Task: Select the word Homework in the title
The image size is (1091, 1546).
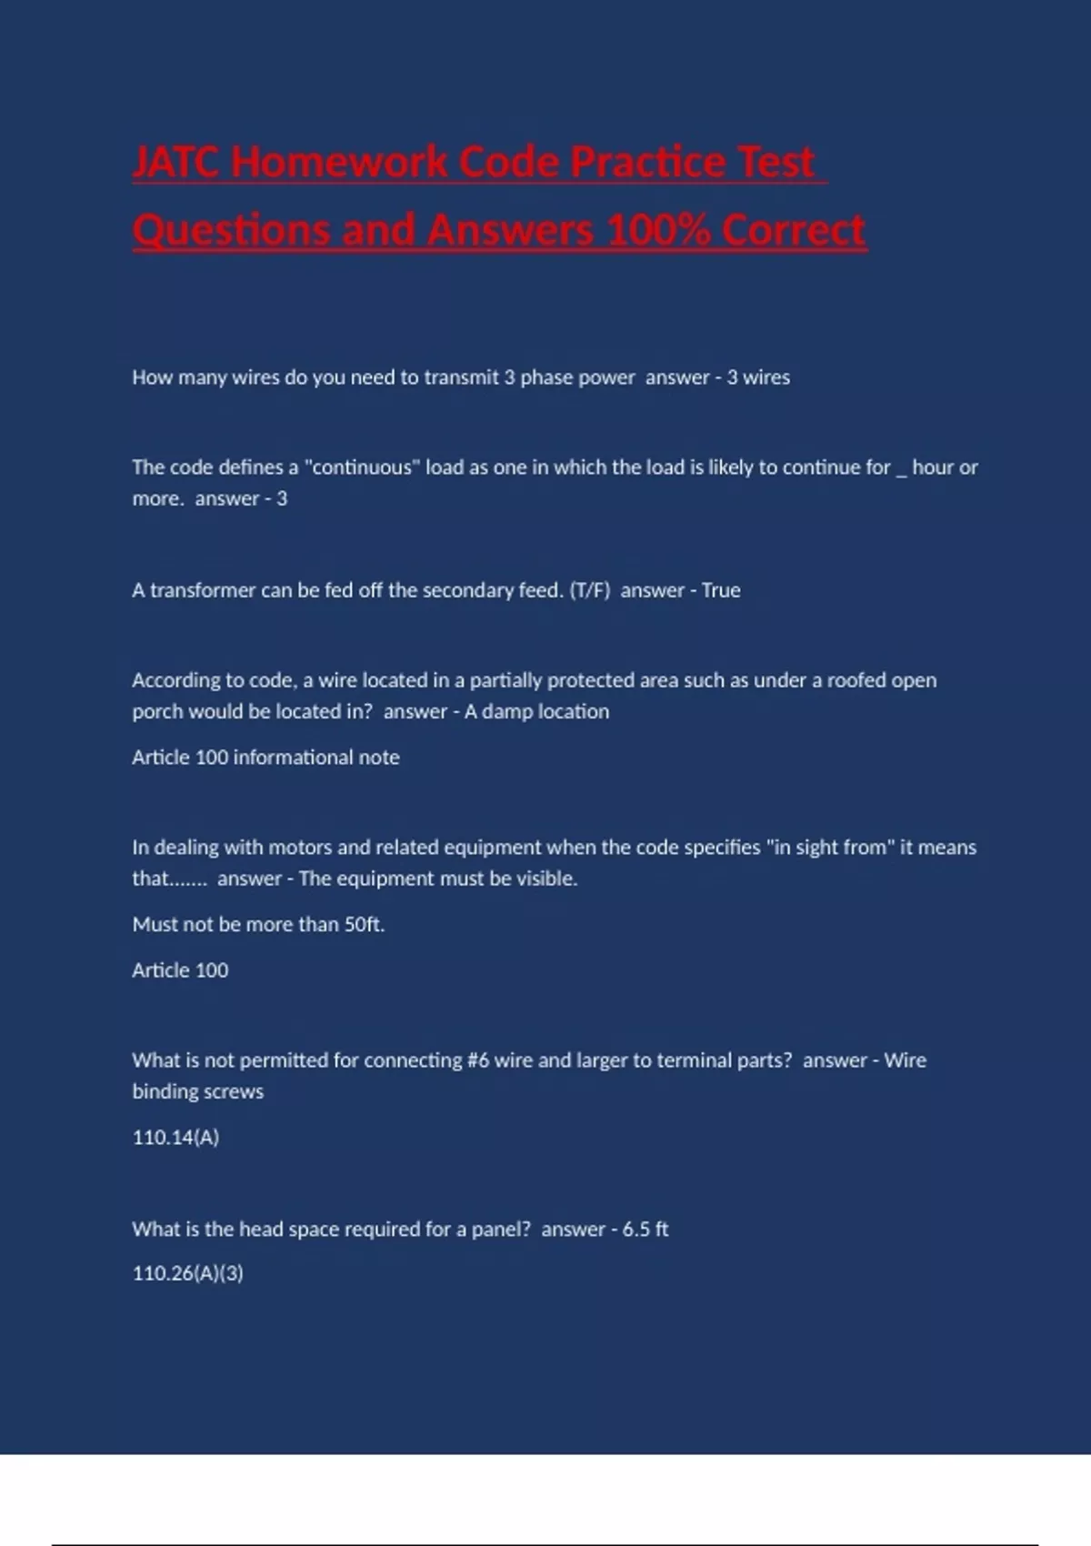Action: [x=339, y=163]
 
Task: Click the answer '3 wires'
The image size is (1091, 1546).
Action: [x=758, y=377]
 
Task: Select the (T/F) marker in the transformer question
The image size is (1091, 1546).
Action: [x=589, y=590]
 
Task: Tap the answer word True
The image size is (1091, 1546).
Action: [x=721, y=590]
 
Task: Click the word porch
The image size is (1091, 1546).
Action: [x=156, y=712]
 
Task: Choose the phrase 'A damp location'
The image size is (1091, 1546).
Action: [x=536, y=711]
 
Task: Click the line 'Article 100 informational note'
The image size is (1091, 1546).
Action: [x=265, y=758]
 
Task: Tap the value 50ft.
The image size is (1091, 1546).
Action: [x=364, y=925]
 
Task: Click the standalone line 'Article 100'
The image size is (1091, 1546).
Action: [x=180, y=970]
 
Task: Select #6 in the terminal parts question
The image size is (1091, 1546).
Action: [x=478, y=1060]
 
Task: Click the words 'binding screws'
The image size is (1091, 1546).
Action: [x=197, y=1091]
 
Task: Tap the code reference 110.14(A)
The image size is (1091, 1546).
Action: [x=175, y=1138]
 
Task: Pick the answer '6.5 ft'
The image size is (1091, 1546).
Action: [x=646, y=1230]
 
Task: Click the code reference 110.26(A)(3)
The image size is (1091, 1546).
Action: [x=187, y=1273]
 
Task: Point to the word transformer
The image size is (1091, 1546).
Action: [x=203, y=590]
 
